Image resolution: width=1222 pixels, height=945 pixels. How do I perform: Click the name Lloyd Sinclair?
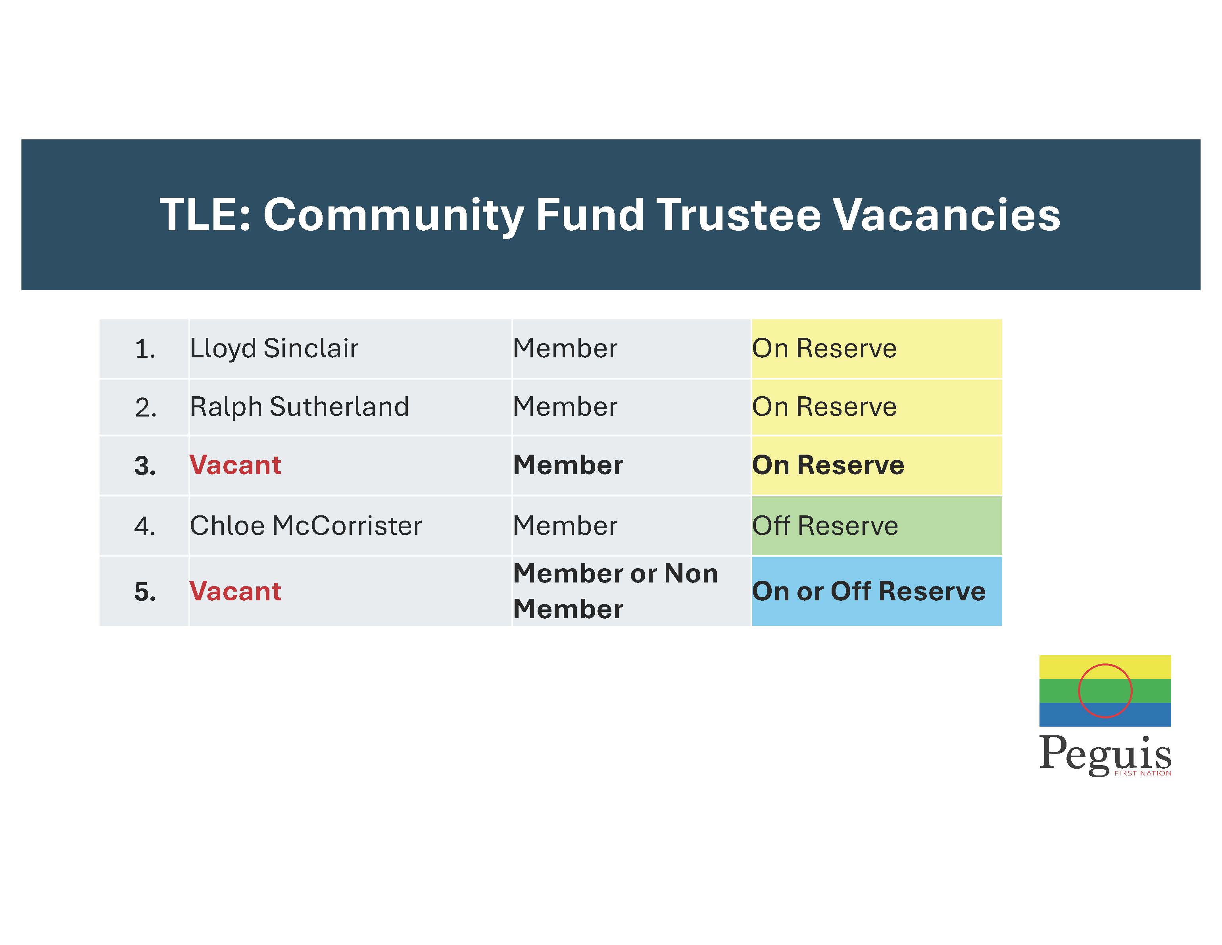tap(274, 349)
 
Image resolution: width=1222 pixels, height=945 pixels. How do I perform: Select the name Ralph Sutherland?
tap(299, 407)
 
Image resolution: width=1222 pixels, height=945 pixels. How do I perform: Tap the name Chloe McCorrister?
tap(305, 526)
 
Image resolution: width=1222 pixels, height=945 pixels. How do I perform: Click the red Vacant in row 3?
tap(235, 465)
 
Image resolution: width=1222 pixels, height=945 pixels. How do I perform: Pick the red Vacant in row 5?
tap(235, 591)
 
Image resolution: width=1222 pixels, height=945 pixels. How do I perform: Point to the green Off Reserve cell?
tap(877, 526)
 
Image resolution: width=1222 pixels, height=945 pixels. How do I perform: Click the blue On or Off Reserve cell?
tap(877, 591)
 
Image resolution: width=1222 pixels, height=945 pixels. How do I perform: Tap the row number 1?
tap(145, 350)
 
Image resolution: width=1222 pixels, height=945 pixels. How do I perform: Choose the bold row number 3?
tap(145, 466)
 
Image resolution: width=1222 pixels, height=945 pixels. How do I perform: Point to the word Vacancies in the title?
tap(946, 214)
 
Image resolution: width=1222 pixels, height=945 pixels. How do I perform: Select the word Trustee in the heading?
tap(739, 214)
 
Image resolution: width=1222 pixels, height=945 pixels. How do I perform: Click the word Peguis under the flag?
tap(1105, 755)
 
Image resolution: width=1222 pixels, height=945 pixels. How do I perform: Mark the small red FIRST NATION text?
tap(1143, 773)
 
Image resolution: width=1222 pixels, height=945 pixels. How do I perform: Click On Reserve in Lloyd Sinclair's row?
tap(824, 349)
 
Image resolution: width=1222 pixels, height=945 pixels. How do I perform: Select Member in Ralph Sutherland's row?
tap(565, 407)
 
